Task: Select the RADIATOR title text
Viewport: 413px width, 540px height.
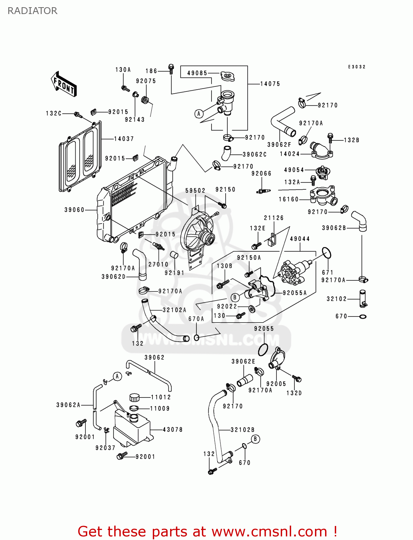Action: tap(32, 11)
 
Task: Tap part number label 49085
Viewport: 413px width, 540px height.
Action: tap(197, 73)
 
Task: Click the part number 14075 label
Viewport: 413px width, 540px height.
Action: tap(270, 84)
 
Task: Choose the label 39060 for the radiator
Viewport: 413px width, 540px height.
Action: tap(74, 210)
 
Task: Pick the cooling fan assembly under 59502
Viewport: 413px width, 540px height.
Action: tap(198, 234)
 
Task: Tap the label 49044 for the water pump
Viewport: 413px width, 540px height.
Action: tap(299, 239)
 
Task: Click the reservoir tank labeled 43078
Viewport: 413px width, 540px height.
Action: tap(132, 428)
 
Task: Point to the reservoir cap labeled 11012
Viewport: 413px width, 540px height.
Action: tap(134, 397)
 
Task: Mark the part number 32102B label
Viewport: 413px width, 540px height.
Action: tap(243, 430)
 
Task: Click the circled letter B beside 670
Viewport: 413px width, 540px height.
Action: tap(255, 439)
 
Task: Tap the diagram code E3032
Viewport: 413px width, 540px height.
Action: tap(356, 67)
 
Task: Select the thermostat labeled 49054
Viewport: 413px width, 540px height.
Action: tap(321, 172)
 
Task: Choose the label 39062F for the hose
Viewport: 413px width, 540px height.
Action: tap(279, 145)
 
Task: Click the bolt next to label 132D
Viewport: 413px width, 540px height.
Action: tap(297, 378)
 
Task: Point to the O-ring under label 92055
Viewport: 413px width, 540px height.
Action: tap(263, 349)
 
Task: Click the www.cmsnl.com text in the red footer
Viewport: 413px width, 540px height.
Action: tap(269, 532)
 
